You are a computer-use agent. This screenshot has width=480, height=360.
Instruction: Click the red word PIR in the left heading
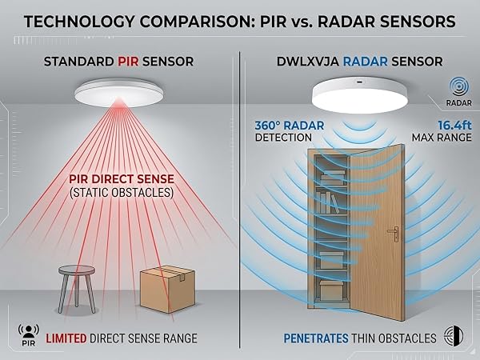pos(128,62)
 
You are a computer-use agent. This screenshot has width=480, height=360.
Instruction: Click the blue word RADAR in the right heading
pos(366,62)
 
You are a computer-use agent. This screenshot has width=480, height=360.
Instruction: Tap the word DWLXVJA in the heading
pos(308,62)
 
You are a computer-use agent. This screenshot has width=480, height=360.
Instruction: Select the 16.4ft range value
pos(454,126)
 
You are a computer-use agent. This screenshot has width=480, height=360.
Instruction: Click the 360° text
pos(268,126)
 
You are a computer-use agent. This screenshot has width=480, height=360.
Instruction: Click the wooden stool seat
pos(77,270)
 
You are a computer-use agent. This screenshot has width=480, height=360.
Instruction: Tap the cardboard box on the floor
pos(167,289)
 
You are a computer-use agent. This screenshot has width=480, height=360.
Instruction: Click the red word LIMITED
pos(66,338)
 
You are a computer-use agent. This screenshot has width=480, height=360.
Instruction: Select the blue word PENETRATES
pos(316,338)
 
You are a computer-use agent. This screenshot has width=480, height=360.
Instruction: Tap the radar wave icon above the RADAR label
pos(458,87)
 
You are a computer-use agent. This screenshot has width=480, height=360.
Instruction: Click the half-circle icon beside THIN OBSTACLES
pos(454,336)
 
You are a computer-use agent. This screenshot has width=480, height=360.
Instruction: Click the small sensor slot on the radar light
pos(360,82)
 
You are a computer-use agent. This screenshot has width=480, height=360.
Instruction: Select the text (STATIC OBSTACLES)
pos(122,193)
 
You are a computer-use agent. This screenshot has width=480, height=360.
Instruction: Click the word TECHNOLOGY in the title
pos(79,22)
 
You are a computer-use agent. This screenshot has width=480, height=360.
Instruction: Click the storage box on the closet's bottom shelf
pos(330,291)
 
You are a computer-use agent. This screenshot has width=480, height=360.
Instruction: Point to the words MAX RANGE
pos(442,138)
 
